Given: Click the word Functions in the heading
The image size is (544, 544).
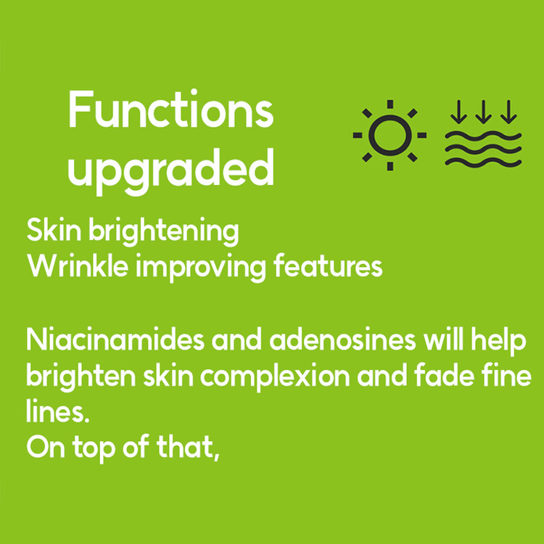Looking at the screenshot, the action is tap(171, 109).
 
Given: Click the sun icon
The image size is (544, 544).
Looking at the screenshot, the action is tap(390, 135).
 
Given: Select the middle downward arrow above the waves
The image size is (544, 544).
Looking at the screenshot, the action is tap(483, 112).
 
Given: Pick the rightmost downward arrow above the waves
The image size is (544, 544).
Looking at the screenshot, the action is tap(508, 112).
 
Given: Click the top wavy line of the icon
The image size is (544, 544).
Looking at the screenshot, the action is tap(483, 136).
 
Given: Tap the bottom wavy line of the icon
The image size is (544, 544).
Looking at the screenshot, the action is tap(483, 162).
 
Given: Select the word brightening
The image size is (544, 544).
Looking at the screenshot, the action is tap(164, 232).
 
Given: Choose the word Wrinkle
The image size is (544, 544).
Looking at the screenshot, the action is tap(78, 265).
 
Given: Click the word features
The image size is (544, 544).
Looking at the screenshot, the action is tap(328, 265).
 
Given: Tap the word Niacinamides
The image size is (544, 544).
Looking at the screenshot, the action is tap(115, 339).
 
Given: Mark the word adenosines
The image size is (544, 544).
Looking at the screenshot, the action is tap(343, 339).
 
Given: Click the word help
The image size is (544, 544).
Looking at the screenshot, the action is tap(498, 342).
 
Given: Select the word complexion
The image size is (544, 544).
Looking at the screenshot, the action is tap(275, 377).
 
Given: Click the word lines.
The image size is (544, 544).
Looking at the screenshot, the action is tap(57, 411).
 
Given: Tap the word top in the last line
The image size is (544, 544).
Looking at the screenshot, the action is tap(94, 449).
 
